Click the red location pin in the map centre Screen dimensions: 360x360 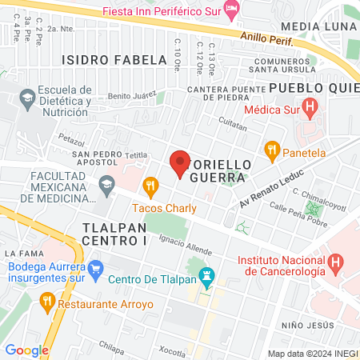180,164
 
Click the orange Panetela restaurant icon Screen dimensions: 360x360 272,149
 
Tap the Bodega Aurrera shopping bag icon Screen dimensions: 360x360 96,266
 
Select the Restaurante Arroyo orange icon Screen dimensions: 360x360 46,301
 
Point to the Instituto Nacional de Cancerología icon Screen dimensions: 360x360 336,261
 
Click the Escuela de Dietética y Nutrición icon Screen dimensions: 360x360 27,100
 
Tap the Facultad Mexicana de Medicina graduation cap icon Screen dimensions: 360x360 105,186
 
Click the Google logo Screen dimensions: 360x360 26,350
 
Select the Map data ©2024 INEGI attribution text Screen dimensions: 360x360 312,353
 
